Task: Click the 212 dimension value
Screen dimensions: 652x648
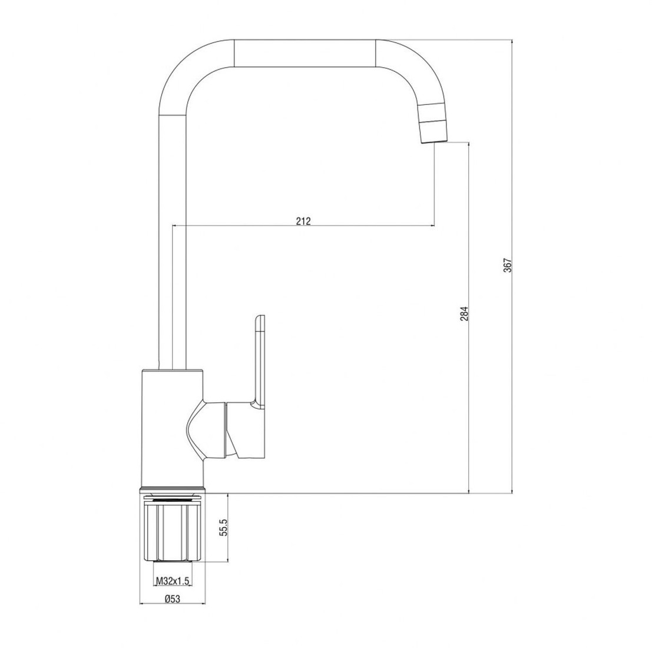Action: [x=303, y=221]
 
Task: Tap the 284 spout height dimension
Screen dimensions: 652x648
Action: [x=465, y=313]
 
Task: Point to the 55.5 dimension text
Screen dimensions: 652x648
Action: [x=224, y=527]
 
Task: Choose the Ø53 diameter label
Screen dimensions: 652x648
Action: [x=172, y=599]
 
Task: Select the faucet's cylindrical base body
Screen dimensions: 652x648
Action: [x=173, y=428]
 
